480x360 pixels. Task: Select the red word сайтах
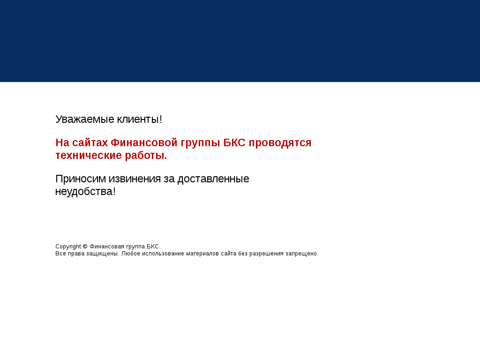tap(90, 142)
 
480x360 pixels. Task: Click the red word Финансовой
tap(144, 142)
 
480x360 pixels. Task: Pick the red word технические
tap(89, 156)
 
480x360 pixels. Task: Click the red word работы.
tap(146, 156)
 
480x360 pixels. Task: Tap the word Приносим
tap(81, 179)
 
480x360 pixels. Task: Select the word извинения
tap(135, 179)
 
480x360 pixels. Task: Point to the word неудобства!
tap(85, 192)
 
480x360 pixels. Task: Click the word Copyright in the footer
tap(68, 247)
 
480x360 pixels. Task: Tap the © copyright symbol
tap(85, 247)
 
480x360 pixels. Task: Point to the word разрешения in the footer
tap(266, 254)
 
